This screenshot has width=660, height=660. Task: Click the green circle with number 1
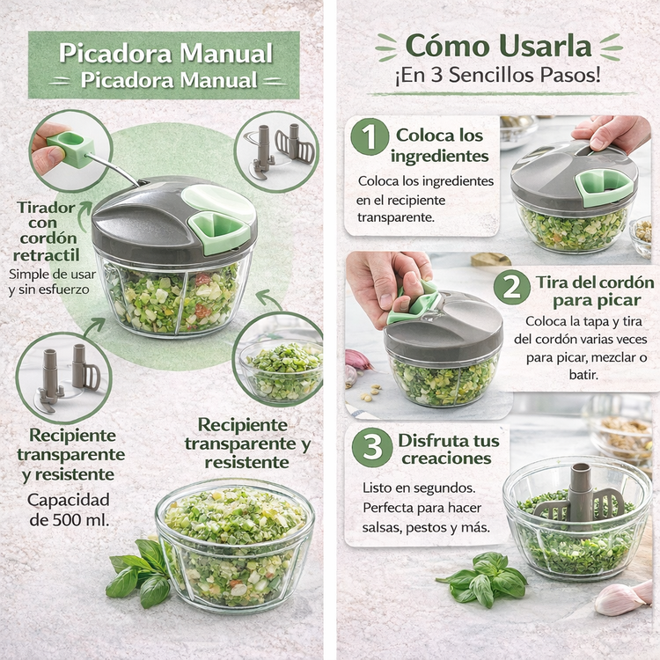370,136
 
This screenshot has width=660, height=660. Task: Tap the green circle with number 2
512,288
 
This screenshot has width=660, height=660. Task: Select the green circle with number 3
372,447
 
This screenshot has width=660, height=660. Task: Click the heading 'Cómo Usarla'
498,46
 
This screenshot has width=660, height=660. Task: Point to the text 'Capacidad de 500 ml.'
69,510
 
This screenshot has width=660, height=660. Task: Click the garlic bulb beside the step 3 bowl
624,598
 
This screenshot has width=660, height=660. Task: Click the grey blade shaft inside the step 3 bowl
580,497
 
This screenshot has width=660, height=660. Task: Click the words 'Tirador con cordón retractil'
47,231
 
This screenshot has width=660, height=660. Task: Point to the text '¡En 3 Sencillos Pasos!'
497,76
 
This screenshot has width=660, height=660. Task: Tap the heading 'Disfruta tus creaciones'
448,449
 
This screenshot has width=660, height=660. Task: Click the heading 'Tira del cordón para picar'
595,291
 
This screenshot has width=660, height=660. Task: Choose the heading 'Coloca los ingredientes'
439,145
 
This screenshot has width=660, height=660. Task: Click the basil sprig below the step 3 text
482,580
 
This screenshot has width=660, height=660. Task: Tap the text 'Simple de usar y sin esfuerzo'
52,282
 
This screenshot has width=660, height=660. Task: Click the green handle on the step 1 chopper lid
605,187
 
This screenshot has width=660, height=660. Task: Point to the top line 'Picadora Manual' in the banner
165,54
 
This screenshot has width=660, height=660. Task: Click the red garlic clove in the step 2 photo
358,360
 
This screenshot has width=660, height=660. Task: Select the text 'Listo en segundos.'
419,488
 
